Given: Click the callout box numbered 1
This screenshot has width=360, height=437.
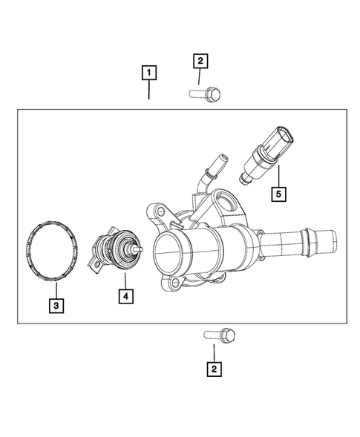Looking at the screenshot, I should coord(149,73).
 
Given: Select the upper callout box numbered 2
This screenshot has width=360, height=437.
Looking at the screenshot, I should coord(199,61).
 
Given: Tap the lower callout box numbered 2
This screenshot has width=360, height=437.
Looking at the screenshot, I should coord(215,367).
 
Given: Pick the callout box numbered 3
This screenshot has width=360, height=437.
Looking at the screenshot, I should coord(56,303).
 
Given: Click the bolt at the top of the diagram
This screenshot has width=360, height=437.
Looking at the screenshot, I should coord(206,95).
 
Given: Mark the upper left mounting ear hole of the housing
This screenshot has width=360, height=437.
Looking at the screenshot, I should coord(155,211).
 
